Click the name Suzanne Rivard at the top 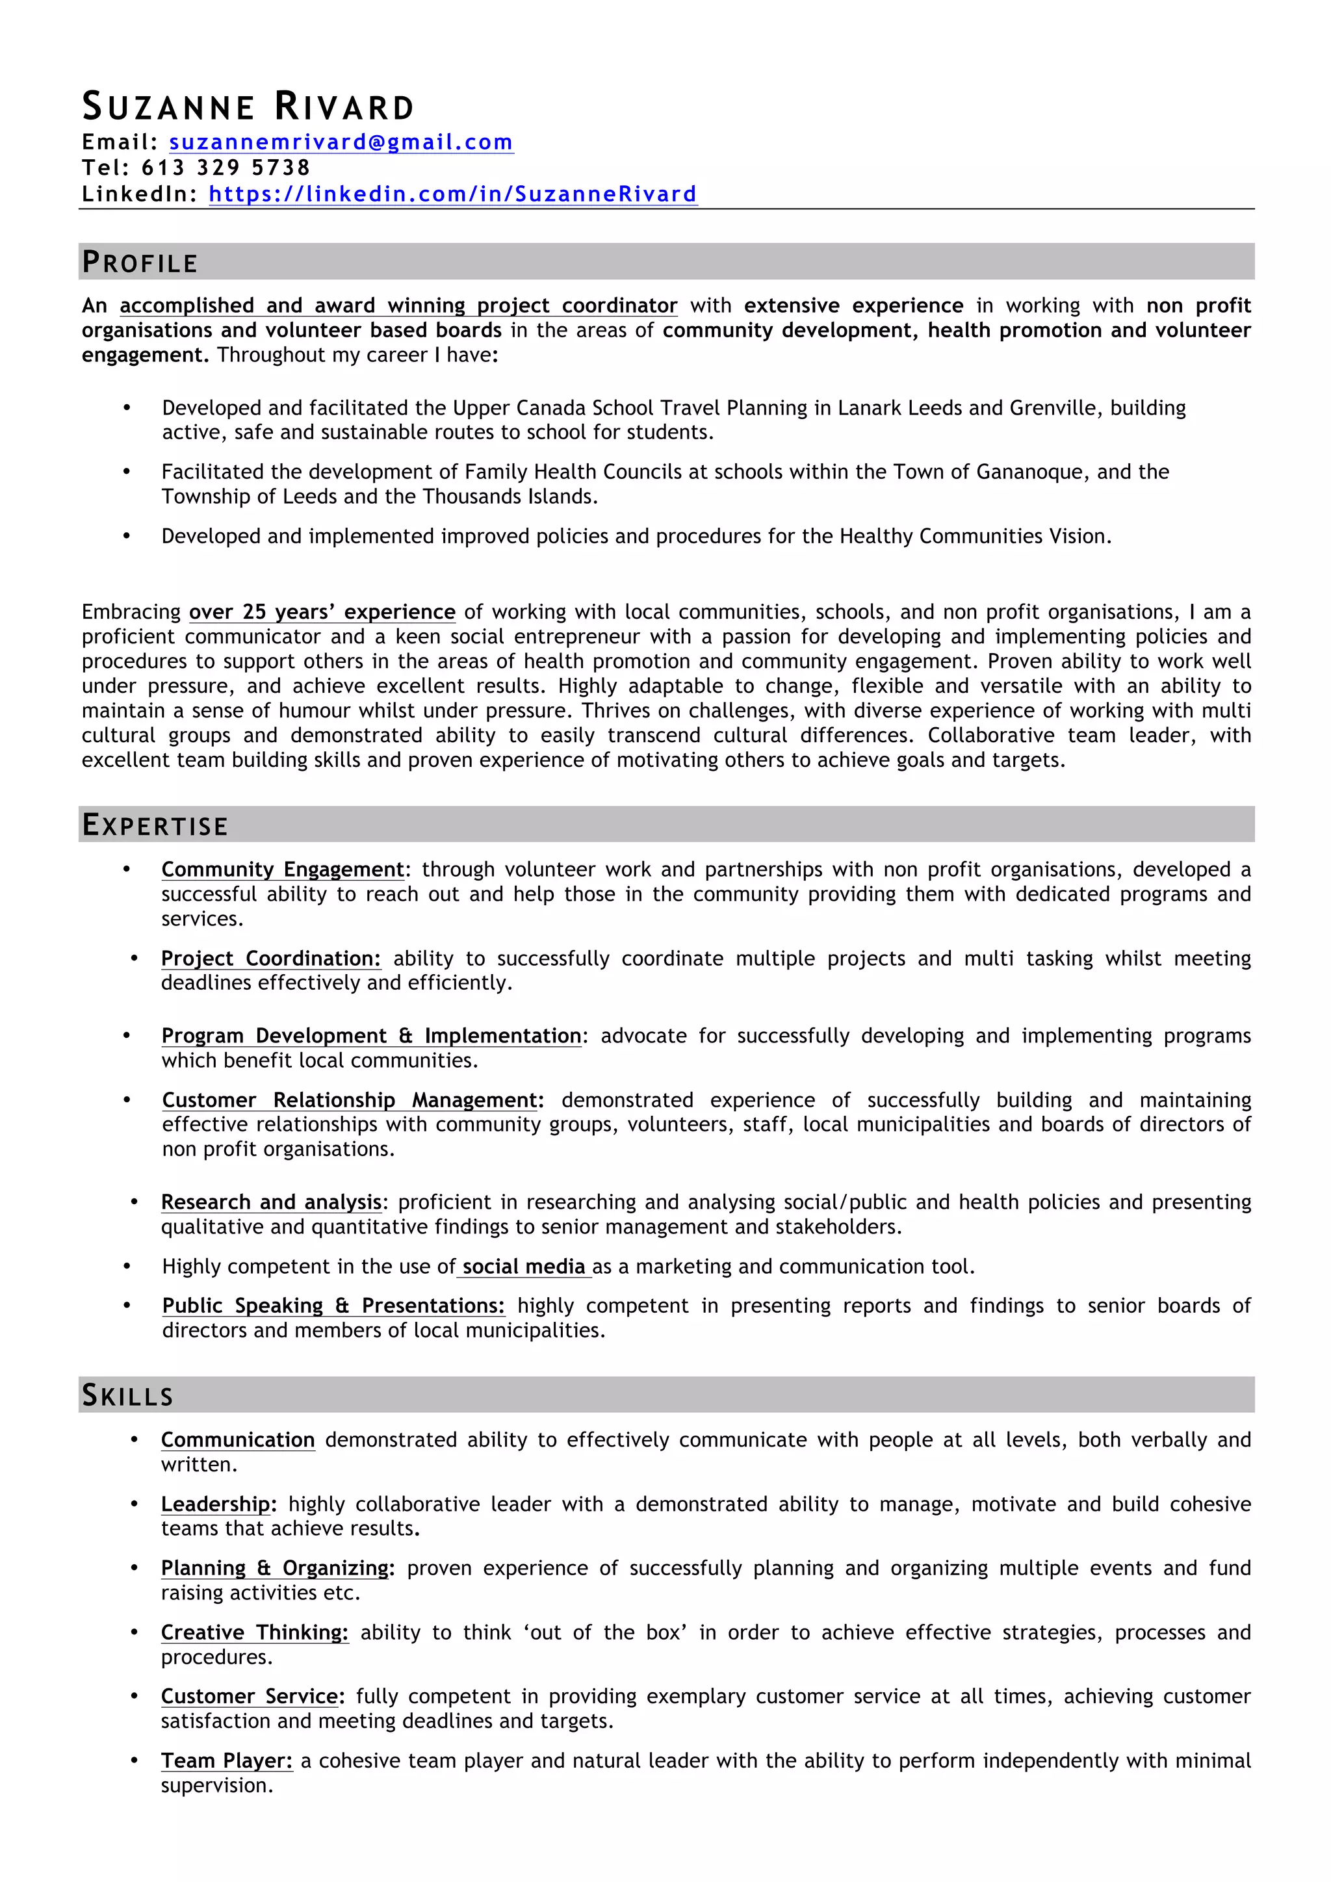248,107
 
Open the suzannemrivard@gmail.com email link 341,142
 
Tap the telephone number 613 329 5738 226,168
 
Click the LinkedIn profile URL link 452,194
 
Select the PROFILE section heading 140,263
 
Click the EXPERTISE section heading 155,825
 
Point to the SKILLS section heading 128,1396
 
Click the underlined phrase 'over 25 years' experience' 322,612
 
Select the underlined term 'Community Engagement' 283,870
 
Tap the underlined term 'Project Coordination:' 270,959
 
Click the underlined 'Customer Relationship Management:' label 352,1100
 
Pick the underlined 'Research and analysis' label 271,1202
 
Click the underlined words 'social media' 524,1267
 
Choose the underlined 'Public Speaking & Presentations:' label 333,1306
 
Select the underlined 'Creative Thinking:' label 254,1633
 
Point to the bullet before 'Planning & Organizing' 135,1568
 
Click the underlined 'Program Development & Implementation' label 371,1036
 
